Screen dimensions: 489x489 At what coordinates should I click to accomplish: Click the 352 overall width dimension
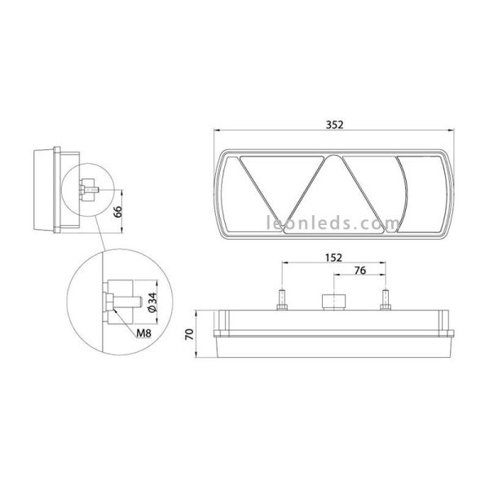333,125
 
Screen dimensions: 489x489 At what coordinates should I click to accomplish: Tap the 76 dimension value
359,271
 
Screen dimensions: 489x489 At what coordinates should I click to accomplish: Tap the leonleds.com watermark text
333,222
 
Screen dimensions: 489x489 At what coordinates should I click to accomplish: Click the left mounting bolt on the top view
281,301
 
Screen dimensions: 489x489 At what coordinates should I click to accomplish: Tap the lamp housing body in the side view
45,190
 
